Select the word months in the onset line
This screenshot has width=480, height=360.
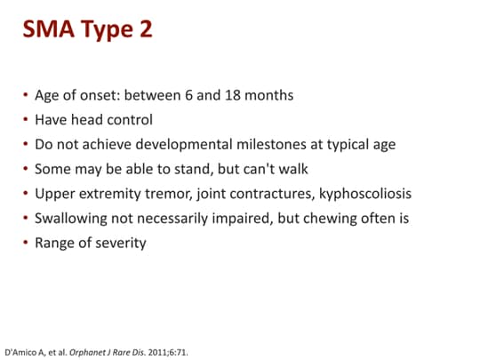pos(272,95)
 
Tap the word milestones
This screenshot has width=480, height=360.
pos(276,144)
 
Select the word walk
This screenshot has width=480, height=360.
pos(284,169)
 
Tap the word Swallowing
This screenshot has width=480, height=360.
pos(71,218)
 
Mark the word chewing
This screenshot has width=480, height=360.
pos(310,218)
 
